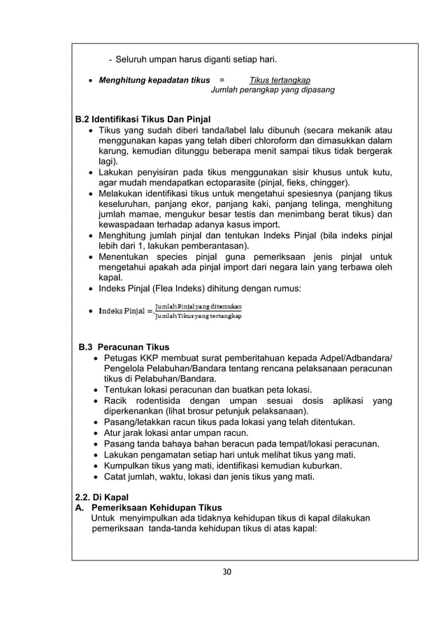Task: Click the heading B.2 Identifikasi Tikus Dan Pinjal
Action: [x=143, y=118]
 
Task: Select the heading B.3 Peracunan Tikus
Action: [x=124, y=347]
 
